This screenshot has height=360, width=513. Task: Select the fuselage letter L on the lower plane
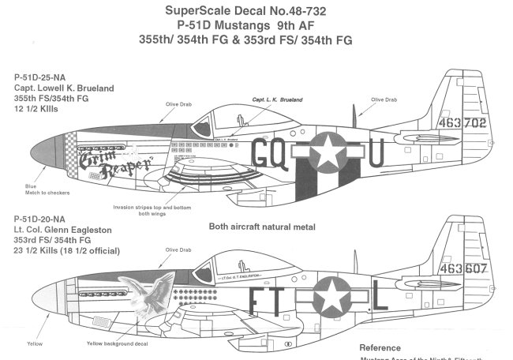377,299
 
